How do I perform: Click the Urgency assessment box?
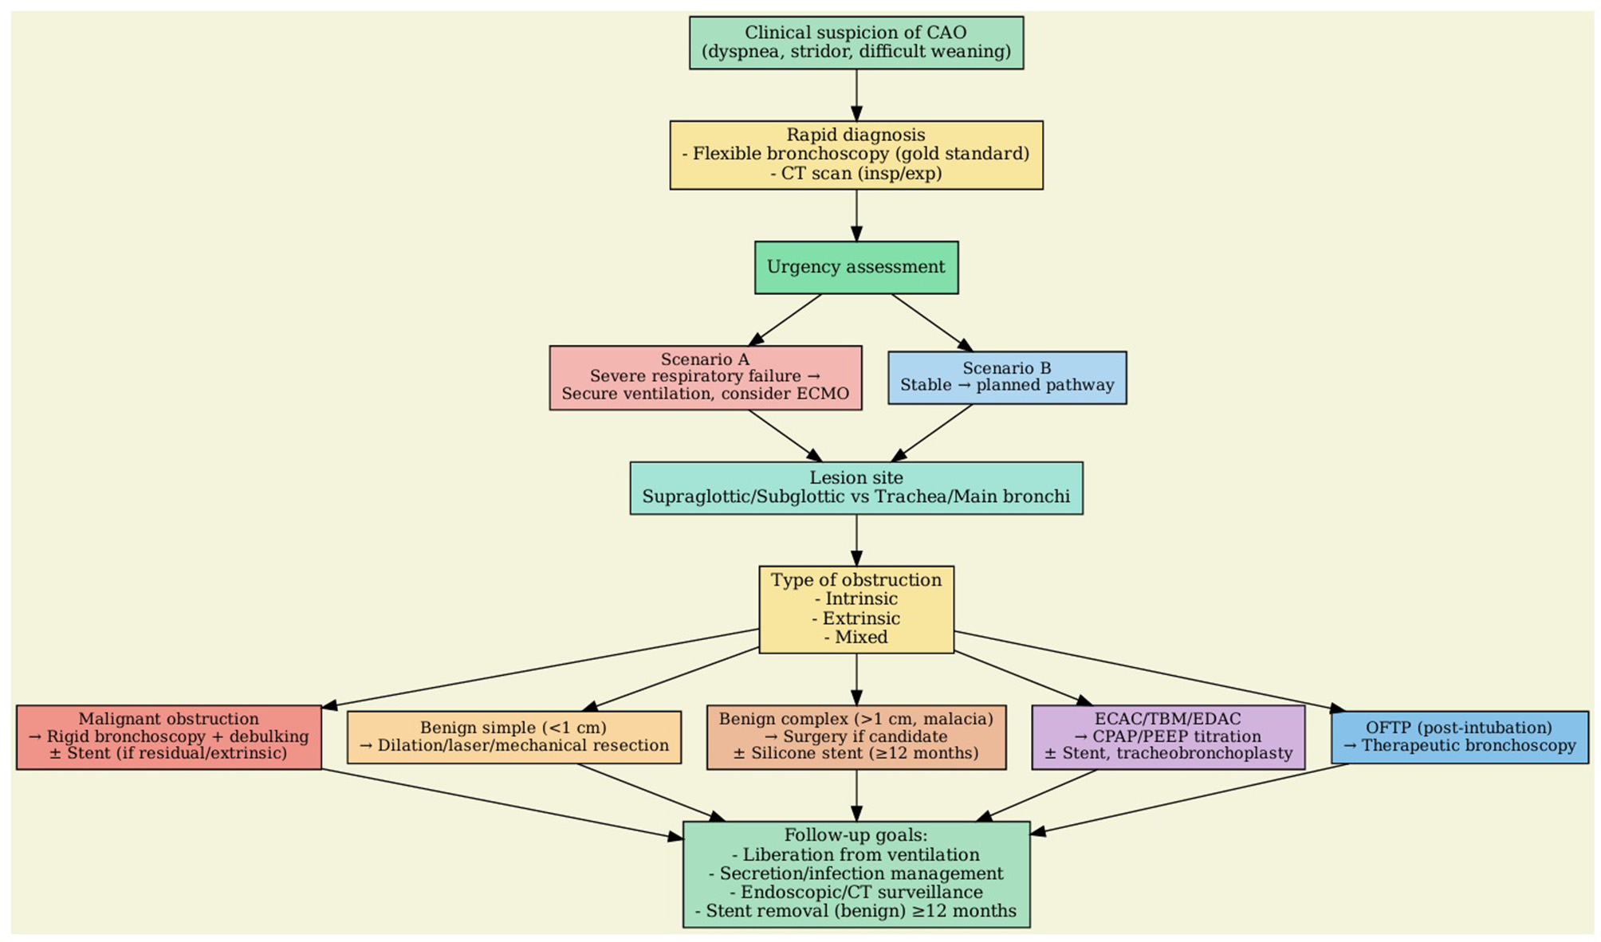(x=856, y=268)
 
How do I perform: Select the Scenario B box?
(x=1006, y=377)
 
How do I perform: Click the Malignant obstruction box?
(x=168, y=736)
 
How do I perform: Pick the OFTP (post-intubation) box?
(x=1458, y=736)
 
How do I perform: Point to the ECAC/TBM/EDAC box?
(x=1167, y=736)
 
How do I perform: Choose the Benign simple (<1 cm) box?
(x=513, y=736)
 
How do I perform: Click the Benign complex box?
(x=856, y=736)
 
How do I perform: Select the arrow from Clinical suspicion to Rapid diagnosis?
(x=856, y=95)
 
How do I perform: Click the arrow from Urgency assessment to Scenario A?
(x=785, y=320)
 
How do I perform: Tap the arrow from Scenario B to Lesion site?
(x=932, y=433)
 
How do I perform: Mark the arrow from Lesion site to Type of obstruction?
(x=856, y=540)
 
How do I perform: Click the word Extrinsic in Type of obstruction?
(x=861, y=618)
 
